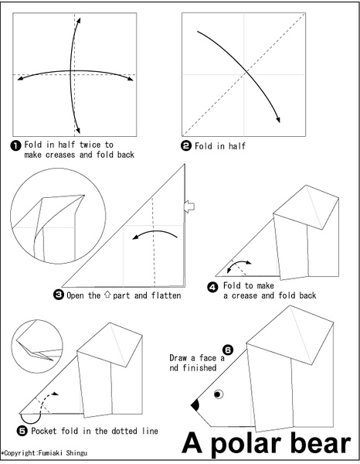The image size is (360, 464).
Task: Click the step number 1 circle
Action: click(x=15, y=145)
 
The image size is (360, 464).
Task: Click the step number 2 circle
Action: click(x=186, y=146)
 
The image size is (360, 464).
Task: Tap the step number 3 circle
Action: click(x=59, y=295)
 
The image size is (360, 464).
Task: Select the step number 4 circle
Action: click(x=212, y=287)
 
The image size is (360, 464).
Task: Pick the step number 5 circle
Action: click(x=22, y=431)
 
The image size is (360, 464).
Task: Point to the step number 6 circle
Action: click(x=228, y=350)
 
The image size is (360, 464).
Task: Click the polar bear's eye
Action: click(x=219, y=394)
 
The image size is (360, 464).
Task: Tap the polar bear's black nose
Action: click(x=195, y=404)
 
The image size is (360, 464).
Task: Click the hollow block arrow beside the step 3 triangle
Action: click(x=189, y=206)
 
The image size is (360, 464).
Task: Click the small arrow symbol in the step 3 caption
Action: click(x=107, y=295)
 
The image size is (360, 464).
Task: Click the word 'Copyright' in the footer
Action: click(x=20, y=453)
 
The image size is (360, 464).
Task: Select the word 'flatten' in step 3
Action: click(x=166, y=295)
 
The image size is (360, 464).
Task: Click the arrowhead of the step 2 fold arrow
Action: click(x=278, y=119)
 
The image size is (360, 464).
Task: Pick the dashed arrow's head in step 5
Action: click(x=56, y=394)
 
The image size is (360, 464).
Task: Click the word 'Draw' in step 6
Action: click(x=178, y=358)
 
